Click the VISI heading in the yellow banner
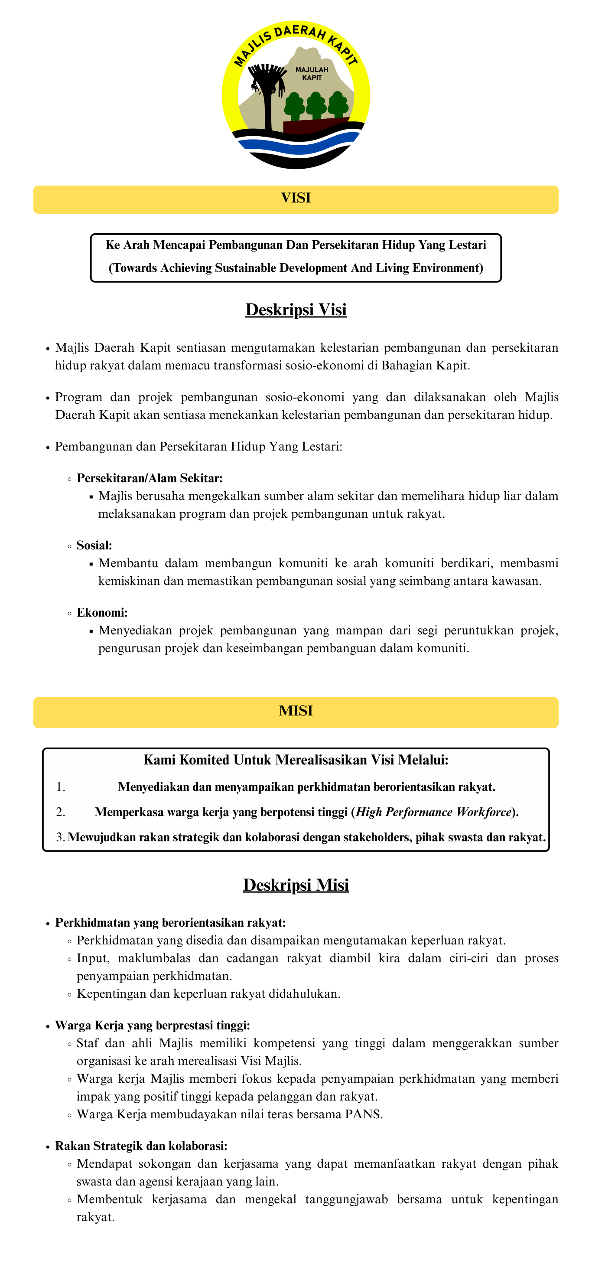tap(296, 198)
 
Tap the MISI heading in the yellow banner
tap(296, 710)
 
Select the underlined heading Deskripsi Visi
tap(296, 310)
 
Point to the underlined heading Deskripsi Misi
tap(296, 885)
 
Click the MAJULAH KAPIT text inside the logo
tap(312, 74)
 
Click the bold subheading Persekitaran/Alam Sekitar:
tap(150, 478)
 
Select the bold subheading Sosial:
tap(94, 545)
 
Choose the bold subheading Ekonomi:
tap(102, 613)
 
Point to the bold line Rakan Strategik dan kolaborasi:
tap(141, 1146)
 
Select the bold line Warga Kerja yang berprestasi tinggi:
tap(153, 1025)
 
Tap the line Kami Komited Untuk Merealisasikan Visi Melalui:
tap(296, 760)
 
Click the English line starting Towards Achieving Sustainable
tap(296, 268)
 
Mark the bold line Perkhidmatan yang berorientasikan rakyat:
tap(170, 923)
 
